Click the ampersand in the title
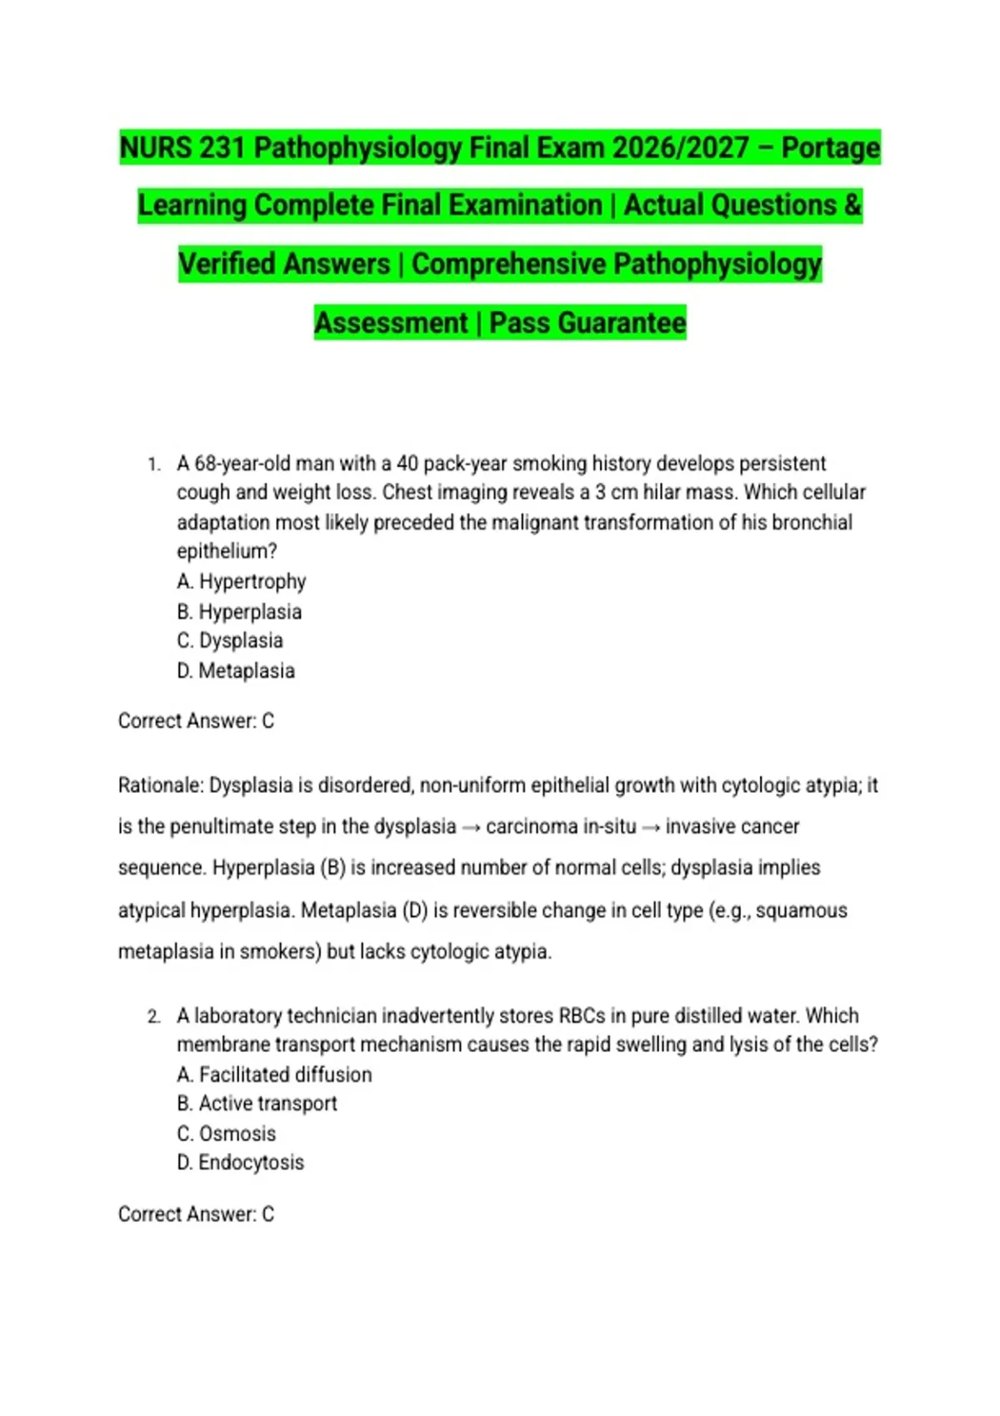(x=852, y=206)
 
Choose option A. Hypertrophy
(x=242, y=581)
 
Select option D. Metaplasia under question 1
(x=236, y=671)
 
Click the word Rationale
(x=160, y=785)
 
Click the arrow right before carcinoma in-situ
(x=471, y=827)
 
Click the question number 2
(x=153, y=1016)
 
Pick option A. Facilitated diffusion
(x=274, y=1074)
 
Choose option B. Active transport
(x=257, y=1104)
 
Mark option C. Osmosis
(x=226, y=1134)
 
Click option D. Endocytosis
(x=240, y=1163)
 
